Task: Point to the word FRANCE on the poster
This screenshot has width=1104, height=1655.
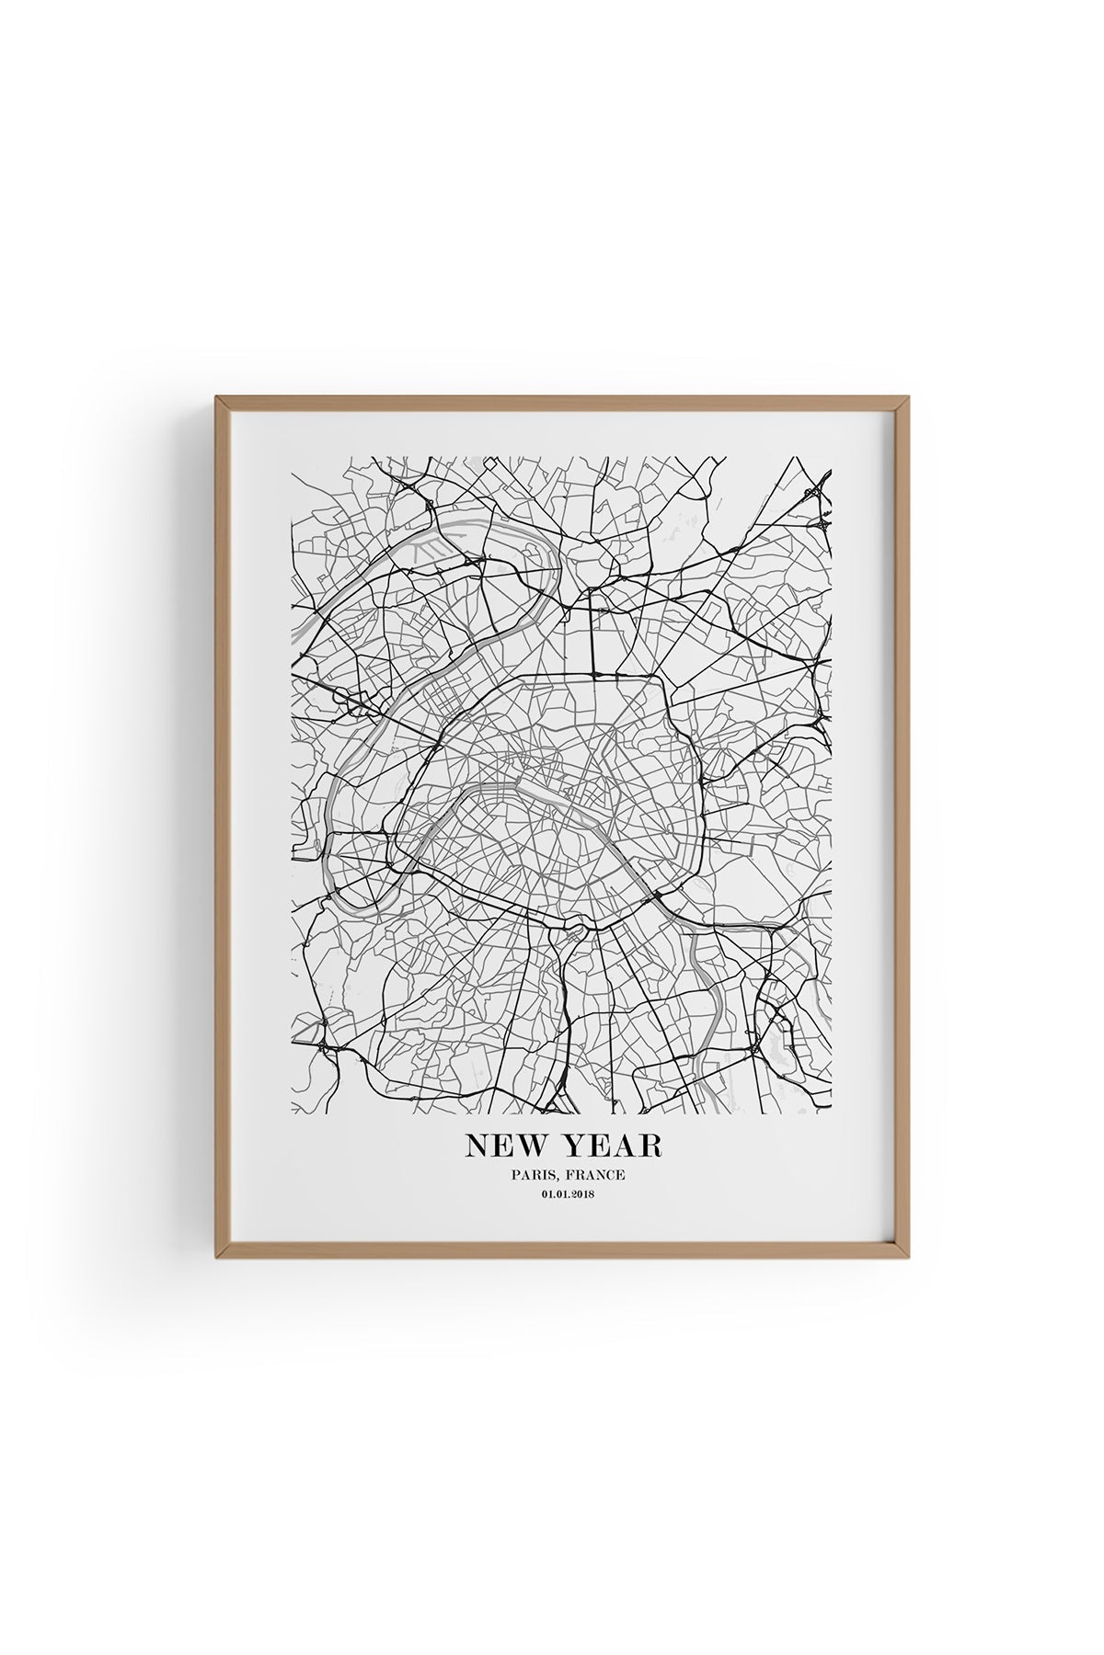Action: point(591,1174)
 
